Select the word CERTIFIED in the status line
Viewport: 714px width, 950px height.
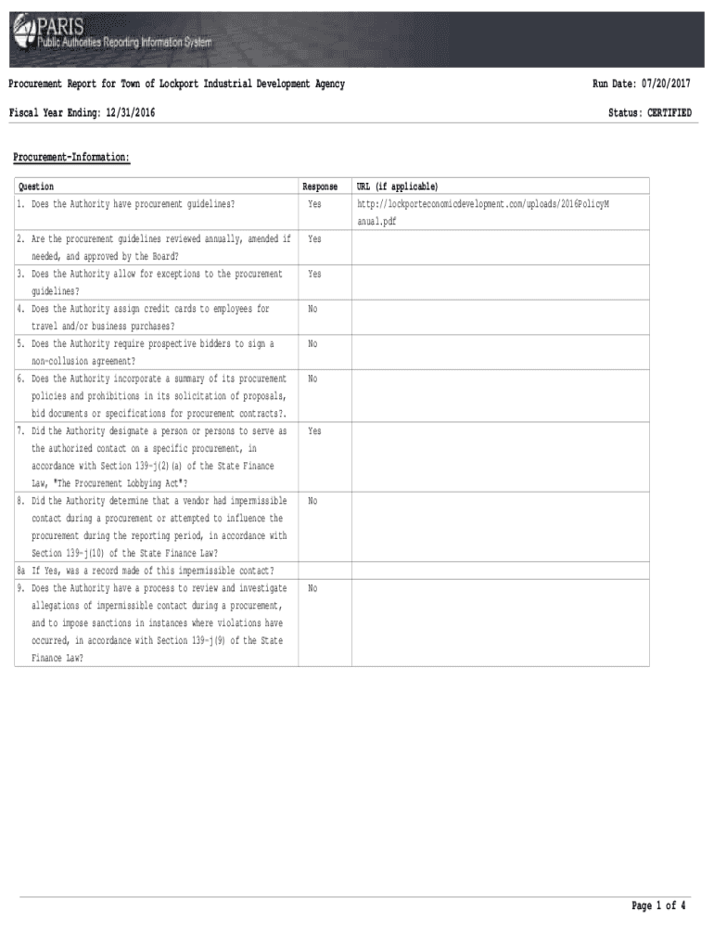669,113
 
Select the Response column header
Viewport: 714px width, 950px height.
320,186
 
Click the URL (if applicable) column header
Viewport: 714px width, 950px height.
398,186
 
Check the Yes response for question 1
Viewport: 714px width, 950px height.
315,203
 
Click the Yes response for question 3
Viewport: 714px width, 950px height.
315,275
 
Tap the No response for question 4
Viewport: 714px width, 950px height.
313,309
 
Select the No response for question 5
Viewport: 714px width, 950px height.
313,344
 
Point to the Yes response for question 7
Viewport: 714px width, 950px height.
315,431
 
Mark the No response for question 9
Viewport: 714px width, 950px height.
313,588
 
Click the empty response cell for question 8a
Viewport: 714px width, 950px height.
325,571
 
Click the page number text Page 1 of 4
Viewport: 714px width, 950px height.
658,906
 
